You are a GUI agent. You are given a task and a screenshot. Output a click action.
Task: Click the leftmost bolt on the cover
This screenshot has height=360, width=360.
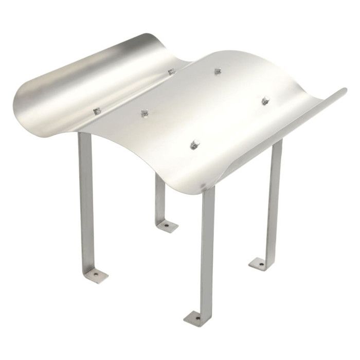pyautogui.click(x=96, y=110)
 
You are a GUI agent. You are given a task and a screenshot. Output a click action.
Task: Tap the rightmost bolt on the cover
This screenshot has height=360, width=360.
pyautogui.click(x=265, y=99)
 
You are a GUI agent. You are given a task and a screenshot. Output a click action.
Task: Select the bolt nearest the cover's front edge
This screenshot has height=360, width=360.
pyautogui.click(x=195, y=143)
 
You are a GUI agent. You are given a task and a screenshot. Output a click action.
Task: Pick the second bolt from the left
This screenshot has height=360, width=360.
pyautogui.click(x=143, y=111)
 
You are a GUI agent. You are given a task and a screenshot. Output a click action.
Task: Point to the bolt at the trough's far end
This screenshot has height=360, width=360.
pyautogui.click(x=170, y=70)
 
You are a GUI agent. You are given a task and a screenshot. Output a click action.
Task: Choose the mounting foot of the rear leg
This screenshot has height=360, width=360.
pyautogui.click(x=167, y=225)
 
